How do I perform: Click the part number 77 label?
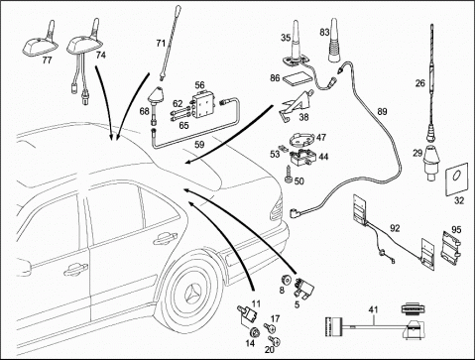tap(47, 60)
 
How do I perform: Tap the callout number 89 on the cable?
tap(382, 112)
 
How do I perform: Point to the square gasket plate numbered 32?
tap(457, 179)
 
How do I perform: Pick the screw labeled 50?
tap(288, 174)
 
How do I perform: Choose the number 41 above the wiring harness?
tap(374, 310)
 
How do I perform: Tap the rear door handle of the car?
tap(165, 238)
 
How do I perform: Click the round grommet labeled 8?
tap(286, 280)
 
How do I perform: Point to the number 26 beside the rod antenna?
tap(420, 83)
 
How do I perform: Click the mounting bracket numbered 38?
tap(297, 104)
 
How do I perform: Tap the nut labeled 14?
tap(254, 332)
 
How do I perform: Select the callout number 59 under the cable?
tap(199, 145)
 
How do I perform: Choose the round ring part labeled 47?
tap(302, 140)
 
